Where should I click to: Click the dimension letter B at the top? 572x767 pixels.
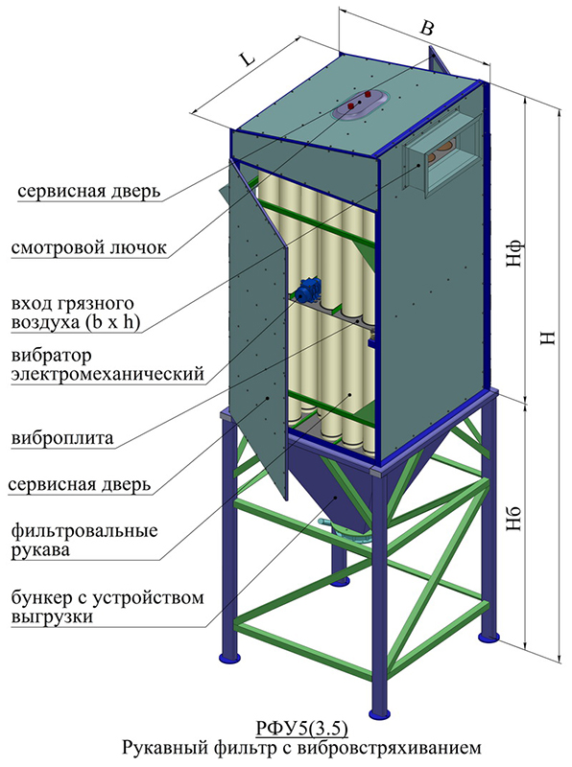pyautogui.click(x=427, y=28)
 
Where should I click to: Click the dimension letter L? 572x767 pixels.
pyautogui.click(x=248, y=59)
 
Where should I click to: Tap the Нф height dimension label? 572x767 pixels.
pyautogui.click(x=514, y=254)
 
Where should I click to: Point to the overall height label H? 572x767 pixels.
pyautogui.click(x=549, y=337)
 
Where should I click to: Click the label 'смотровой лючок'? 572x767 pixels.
pyautogui.click(x=89, y=247)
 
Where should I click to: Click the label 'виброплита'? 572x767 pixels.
pyautogui.click(x=62, y=437)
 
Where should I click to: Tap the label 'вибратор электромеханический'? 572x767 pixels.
pyautogui.click(x=107, y=364)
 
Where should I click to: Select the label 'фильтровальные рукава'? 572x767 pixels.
pyautogui.click(x=84, y=540)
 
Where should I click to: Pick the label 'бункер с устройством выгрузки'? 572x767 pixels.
pyautogui.click(x=107, y=607)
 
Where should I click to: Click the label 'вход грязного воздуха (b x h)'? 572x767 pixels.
pyautogui.click(x=76, y=314)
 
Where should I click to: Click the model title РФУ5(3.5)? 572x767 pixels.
pyautogui.click(x=301, y=728)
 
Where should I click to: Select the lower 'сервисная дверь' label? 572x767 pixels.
pyautogui.click(x=80, y=484)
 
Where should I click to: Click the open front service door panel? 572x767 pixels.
pyautogui.click(x=257, y=328)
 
